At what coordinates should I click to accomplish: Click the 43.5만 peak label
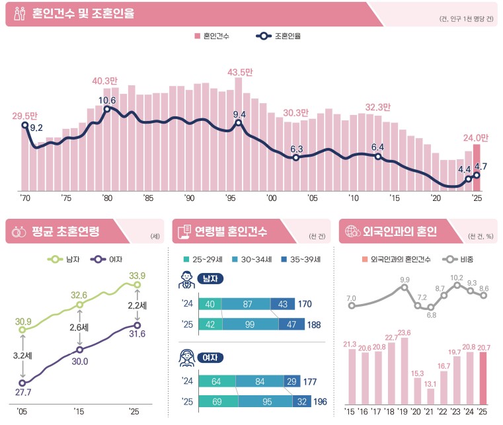click(239, 71)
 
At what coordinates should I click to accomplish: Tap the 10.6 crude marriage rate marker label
click(107, 100)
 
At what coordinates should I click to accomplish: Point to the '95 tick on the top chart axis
click(231, 198)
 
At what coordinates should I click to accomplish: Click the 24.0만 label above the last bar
click(475, 138)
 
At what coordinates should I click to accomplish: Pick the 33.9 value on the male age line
click(137, 276)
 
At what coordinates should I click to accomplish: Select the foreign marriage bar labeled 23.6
click(405, 370)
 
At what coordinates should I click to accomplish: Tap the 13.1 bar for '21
click(430, 396)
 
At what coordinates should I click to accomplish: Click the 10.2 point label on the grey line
click(456, 278)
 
